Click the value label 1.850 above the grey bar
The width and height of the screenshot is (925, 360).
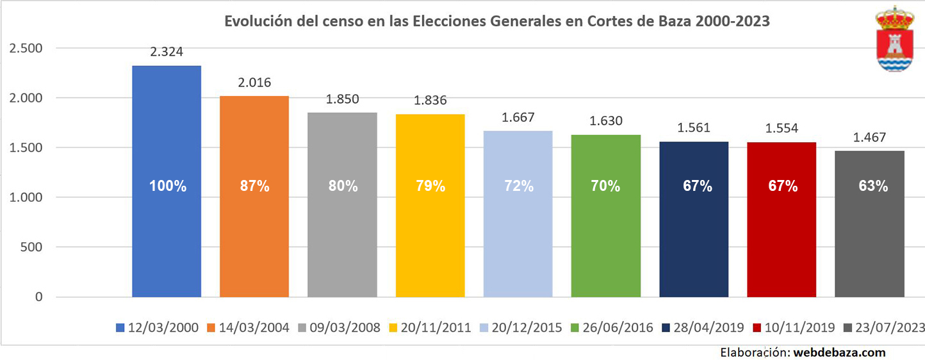[x=343, y=99]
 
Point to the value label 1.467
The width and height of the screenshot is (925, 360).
[x=869, y=137]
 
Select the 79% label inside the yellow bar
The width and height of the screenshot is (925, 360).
[x=430, y=186]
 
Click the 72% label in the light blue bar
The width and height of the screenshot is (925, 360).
[x=518, y=186]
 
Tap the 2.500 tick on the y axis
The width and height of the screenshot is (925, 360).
[x=25, y=49]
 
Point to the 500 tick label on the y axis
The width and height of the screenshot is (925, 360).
[x=32, y=247]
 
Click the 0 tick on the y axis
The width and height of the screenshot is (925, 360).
[x=39, y=297]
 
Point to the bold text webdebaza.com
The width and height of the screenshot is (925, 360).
[x=840, y=352]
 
